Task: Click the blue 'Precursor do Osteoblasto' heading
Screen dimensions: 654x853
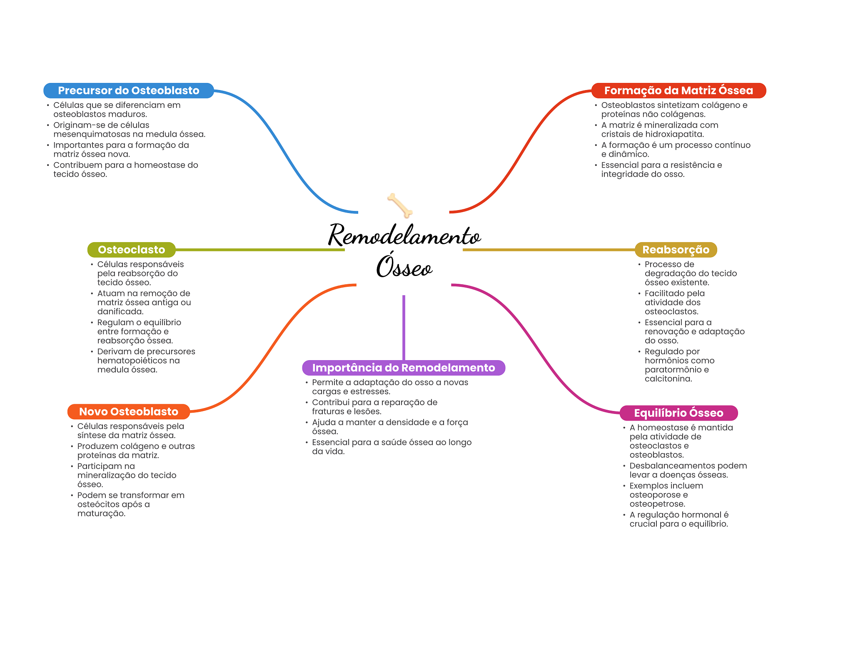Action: (128, 90)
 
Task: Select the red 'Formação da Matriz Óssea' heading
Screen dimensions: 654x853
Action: (678, 90)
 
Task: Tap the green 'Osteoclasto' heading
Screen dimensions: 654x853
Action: (131, 250)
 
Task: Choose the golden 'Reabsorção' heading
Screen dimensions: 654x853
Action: (675, 250)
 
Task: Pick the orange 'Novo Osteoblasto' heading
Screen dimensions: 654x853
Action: (128, 412)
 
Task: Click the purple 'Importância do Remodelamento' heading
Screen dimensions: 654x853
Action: (403, 368)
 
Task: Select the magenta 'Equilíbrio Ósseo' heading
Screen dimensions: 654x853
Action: (678, 413)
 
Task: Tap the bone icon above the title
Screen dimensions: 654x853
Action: (400, 205)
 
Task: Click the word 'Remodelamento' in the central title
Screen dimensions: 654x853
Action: (404, 236)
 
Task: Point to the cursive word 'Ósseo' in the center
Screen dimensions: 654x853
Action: (404, 267)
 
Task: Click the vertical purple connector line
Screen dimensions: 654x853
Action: (404, 327)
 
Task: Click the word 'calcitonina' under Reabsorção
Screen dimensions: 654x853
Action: (668, 379)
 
